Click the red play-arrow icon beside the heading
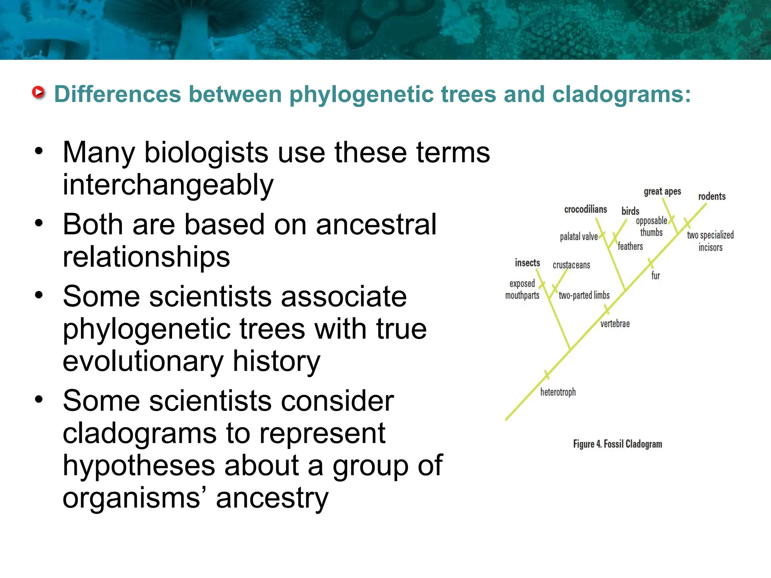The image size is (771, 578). (38, 92)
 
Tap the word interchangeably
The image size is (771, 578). (168, 185)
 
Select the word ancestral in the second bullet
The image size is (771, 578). (376, 224)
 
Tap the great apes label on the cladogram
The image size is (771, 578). (662, 192)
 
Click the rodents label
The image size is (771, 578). (712, 196)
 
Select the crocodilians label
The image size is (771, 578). (585, 209)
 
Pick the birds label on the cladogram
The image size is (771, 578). (630, 211)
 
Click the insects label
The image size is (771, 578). (527, 263)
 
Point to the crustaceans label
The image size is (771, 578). (571, 265)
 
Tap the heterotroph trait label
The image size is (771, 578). (558, 392)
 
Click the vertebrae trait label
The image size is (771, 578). (615, 324)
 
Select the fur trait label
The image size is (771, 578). (655, 276)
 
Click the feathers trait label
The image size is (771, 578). (630, 246)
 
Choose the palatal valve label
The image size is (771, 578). (579, 237)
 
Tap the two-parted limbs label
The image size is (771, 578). (584, 295)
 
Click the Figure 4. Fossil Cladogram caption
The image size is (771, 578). (617, 444)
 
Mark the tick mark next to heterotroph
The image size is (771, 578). (547, 375)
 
